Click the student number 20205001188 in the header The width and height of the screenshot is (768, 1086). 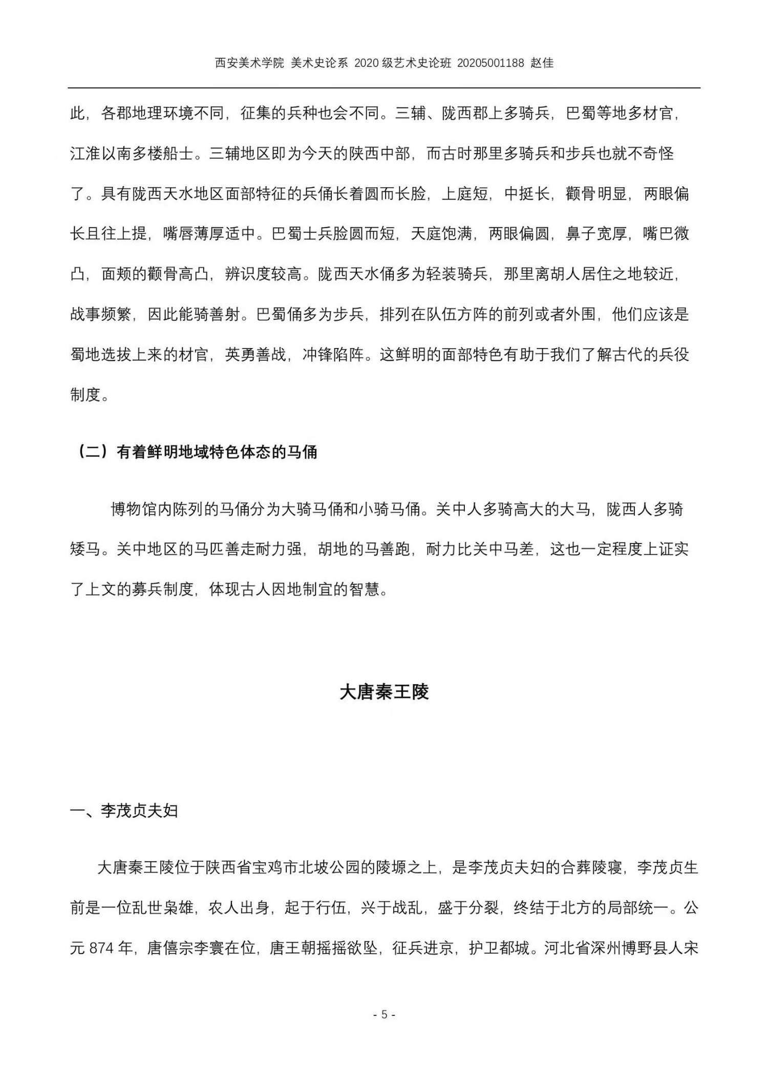490,63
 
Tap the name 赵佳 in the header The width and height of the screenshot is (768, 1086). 542,63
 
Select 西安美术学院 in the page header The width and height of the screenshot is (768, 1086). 249,63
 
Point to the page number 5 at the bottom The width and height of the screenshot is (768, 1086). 384,1014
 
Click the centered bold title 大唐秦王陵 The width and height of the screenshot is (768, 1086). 384,692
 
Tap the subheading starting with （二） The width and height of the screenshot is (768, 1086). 197,452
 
